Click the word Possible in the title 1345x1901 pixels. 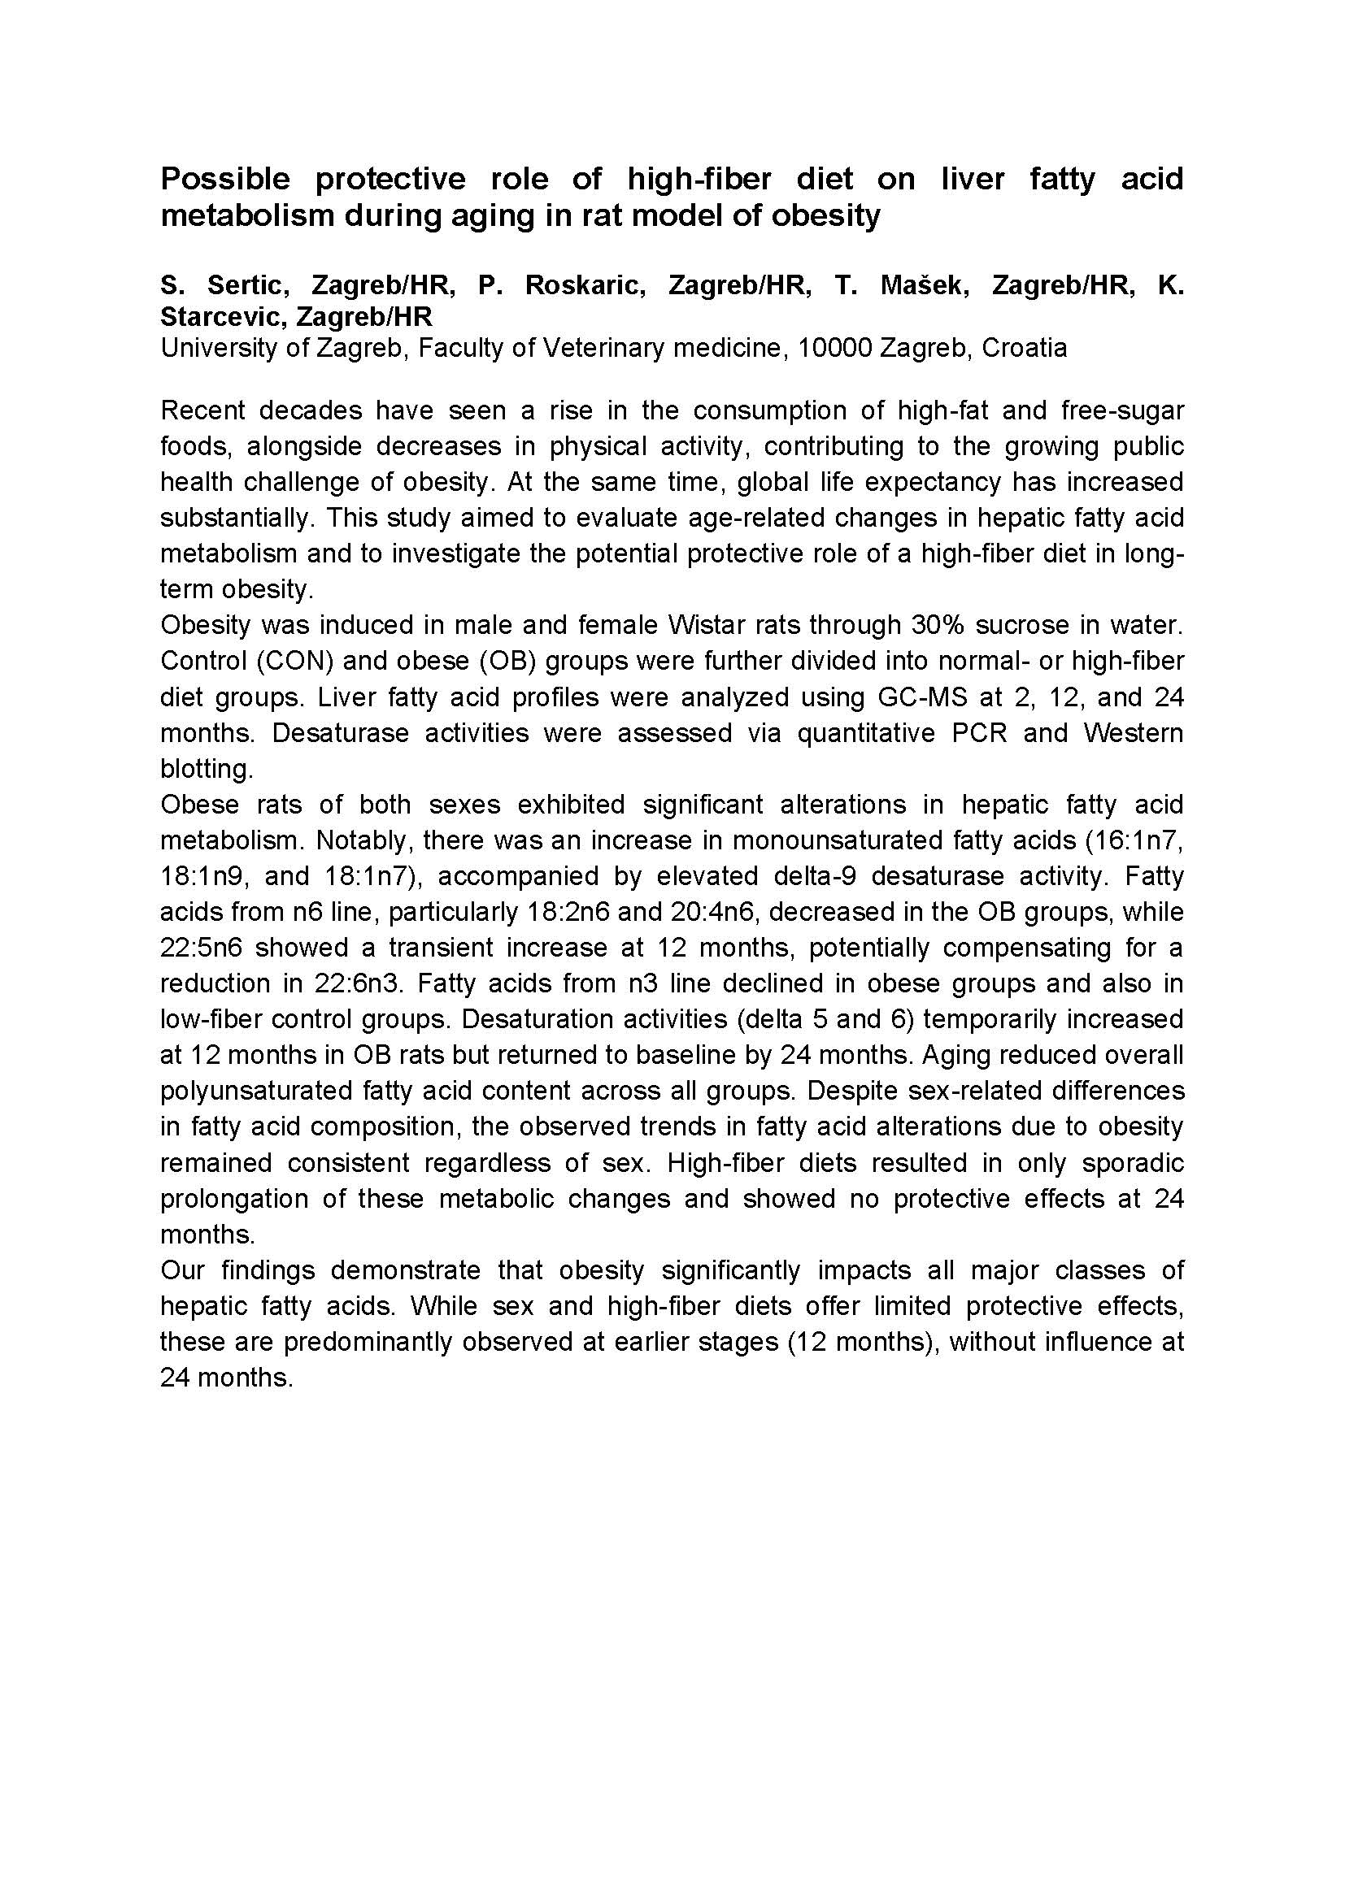pyautogui.click(x=225, y=179)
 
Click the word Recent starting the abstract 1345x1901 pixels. pyautogui.click(x=203, y=410)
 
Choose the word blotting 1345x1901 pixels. pyautogui.click(x=207, y=769)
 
